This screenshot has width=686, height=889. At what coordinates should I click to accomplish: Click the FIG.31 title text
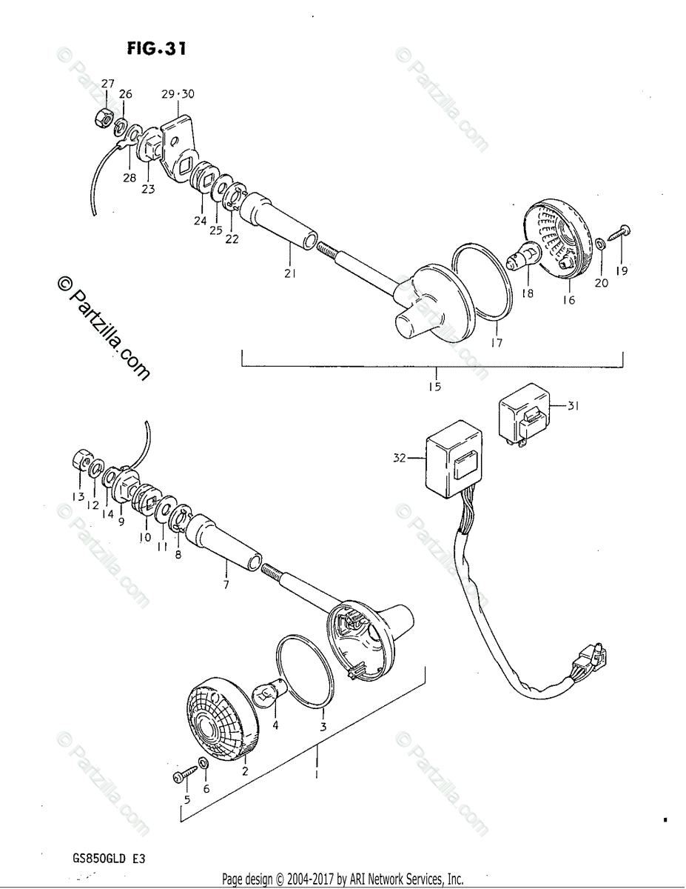point(156,50)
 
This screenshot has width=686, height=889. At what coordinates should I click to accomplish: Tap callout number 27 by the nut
point(108,84)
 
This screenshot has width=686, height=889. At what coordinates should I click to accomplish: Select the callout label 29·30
point(177,94)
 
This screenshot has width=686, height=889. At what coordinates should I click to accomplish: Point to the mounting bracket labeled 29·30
point(182,133)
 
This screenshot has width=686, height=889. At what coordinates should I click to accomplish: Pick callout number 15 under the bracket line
point(434,387)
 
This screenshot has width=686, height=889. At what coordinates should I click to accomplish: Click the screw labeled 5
point(181,775)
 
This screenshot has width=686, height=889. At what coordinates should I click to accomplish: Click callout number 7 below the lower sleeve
point(226,585)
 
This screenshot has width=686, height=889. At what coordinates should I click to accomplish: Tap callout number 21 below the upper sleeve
point(289,273)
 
